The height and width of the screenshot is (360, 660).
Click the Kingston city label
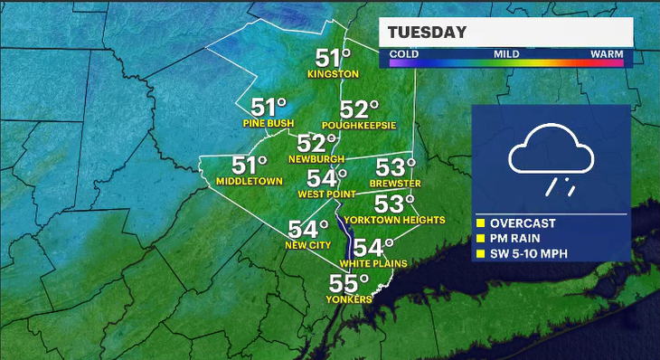click(333, 73)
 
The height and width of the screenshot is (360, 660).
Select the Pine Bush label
click(264, 122)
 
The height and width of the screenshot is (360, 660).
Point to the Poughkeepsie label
click(359, 126)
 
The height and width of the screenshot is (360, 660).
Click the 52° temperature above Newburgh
click(316, 144)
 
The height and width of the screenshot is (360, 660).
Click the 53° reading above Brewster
click(394, 168)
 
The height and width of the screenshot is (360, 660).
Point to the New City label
click(306, 245)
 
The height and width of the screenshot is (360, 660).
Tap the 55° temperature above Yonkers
click(348, 283)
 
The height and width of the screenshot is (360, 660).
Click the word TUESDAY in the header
click(428, 33)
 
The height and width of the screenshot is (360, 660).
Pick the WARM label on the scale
click(606, 54)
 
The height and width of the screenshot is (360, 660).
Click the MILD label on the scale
click(505, 54)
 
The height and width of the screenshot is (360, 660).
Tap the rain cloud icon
click(550, 163)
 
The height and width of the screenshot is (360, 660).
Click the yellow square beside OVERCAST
click(481, 223)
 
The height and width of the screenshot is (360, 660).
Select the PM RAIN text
click(517, 238)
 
